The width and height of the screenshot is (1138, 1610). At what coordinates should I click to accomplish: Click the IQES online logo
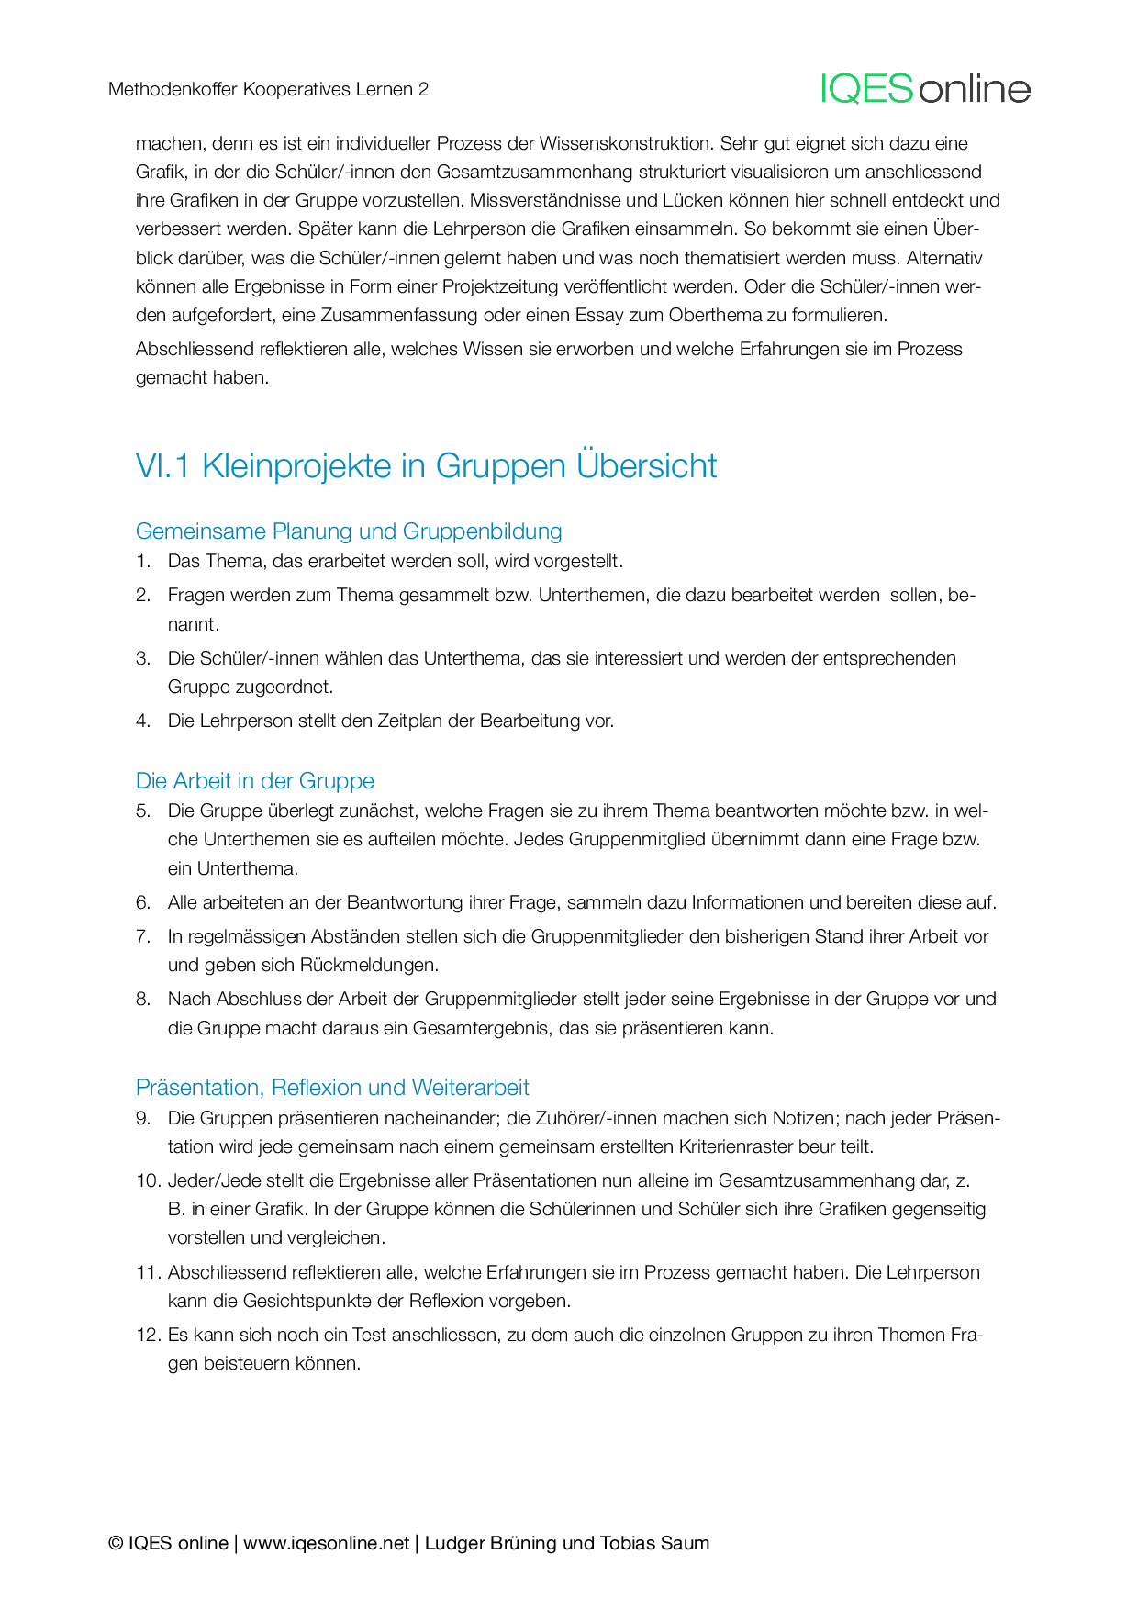925,89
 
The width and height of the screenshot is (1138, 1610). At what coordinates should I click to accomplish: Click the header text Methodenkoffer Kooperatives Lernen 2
268,89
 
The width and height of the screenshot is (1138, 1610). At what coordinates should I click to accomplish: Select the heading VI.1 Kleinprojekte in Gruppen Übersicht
426,465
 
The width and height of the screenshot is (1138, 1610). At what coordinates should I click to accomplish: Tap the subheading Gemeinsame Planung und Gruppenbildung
349,531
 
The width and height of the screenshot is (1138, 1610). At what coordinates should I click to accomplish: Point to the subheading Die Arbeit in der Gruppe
255,781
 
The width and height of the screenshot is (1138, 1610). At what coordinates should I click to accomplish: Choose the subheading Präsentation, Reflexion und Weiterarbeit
332,1088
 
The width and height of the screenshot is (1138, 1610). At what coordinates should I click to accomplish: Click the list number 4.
142,721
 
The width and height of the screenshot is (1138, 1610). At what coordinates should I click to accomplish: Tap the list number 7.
142,936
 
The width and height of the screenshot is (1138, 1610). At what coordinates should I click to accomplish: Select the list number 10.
147,1180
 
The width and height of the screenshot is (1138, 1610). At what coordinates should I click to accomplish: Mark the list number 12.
147,1335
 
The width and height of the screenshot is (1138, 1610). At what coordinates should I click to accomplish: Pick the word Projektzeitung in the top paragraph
501,286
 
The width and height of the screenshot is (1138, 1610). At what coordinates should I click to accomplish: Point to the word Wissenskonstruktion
625,143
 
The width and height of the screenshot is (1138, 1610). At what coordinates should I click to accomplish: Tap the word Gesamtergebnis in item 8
483,1028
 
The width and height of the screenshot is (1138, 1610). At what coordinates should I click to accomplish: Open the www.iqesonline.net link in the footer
326,1543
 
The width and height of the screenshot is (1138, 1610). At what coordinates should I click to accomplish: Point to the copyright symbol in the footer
116,1543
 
